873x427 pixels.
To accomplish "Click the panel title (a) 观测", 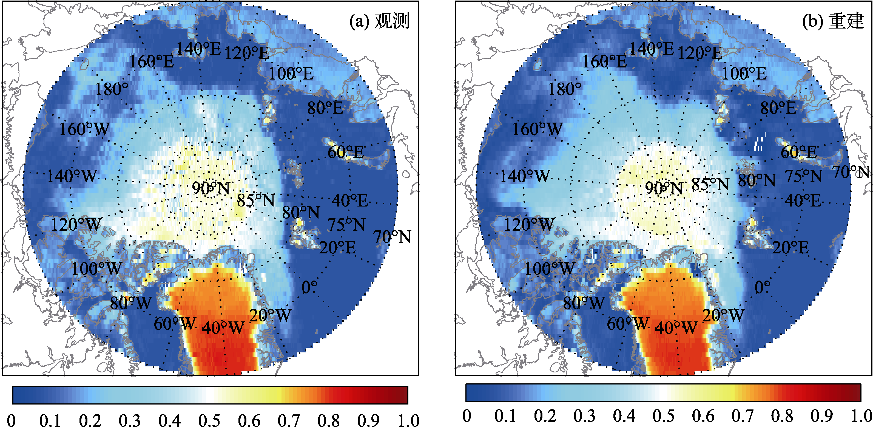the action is point(379,21).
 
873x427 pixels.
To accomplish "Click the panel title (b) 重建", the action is point(833,21).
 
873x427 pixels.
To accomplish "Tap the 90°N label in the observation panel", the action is point(211,188).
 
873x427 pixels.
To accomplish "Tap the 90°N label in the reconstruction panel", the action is point(664,188).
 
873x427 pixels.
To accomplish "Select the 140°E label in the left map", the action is point(199,49).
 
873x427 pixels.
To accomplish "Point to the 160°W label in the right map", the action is point(537,129).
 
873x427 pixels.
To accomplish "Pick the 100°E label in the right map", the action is point(744,73).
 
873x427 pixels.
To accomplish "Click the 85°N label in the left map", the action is point(256,200).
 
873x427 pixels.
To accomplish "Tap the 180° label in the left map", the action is point(112,89).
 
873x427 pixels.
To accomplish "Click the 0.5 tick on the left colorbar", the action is point(209,420).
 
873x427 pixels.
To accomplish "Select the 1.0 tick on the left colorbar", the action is point(408,420).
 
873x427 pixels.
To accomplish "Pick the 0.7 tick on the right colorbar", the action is point(742,415).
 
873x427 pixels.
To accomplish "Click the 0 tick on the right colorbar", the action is point(467,415).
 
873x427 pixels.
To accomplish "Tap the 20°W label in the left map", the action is point(270,315).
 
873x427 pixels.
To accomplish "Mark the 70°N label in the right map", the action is point(852,172).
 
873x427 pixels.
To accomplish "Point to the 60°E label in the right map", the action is point(799,152).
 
